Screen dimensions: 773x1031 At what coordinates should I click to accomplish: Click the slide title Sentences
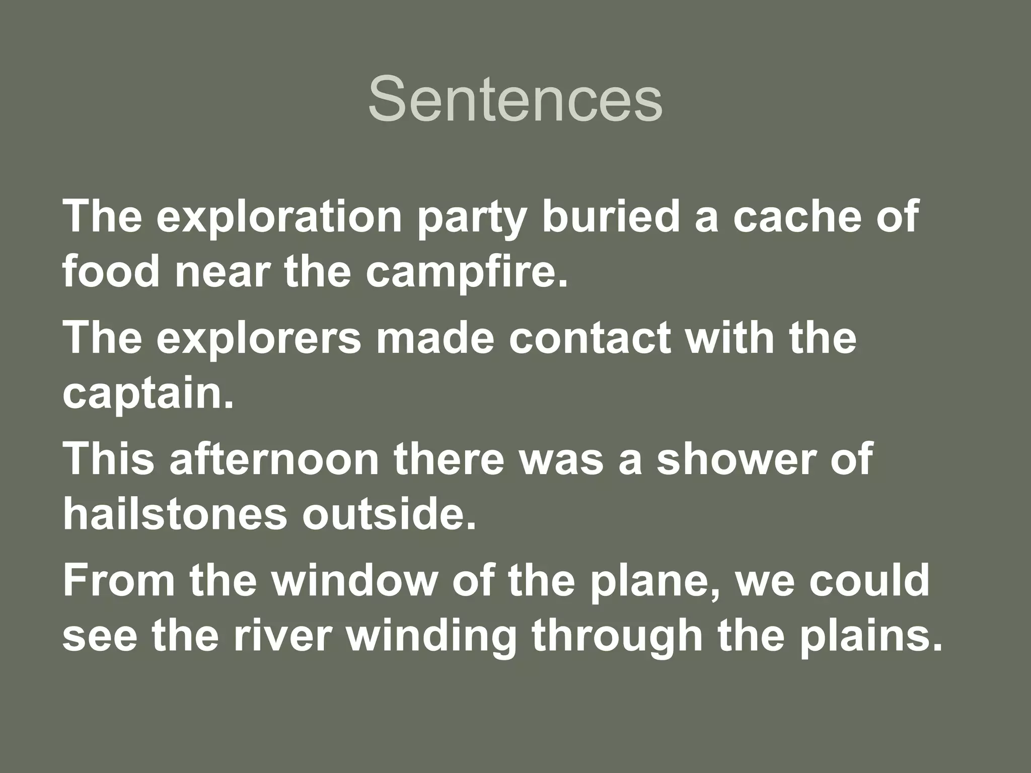(515, 99)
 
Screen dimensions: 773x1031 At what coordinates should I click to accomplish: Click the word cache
(796, 216)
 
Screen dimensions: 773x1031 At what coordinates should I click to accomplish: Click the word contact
(590, 338)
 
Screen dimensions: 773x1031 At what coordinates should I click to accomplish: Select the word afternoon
(274, 459)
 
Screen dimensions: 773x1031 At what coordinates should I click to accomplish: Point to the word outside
(388, 514)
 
